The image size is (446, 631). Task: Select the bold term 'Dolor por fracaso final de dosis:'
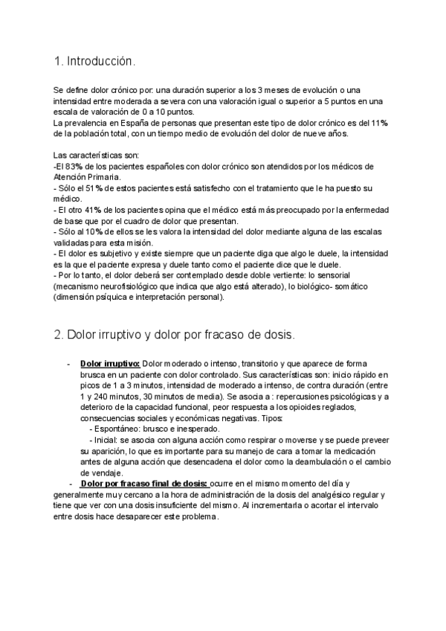[145, 483]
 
